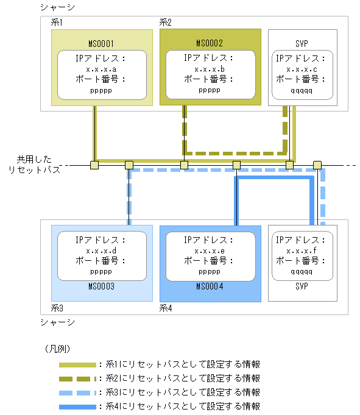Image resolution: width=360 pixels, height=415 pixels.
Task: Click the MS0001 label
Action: tap(102, 44)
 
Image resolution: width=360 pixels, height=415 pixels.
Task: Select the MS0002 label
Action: tap(210, 44)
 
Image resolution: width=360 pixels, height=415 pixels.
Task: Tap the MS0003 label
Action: tap(102, 286)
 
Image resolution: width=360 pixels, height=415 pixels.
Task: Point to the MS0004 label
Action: tap(210, 286)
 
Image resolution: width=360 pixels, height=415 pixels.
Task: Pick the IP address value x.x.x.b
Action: tap(210, 69)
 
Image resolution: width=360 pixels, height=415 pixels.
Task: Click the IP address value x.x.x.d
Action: tap(101, 250)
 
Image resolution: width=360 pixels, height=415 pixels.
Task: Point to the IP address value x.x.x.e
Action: tap(210, 250)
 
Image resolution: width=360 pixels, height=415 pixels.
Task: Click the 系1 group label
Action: tap(58, 22)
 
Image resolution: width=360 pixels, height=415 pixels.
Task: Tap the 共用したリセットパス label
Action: tap(38, 165)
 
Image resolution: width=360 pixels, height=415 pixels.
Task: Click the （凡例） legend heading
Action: tap(58, 349)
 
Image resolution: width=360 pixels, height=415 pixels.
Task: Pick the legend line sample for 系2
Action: tap(77, 378)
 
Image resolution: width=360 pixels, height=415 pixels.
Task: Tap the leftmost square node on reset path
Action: tap(94, 165)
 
